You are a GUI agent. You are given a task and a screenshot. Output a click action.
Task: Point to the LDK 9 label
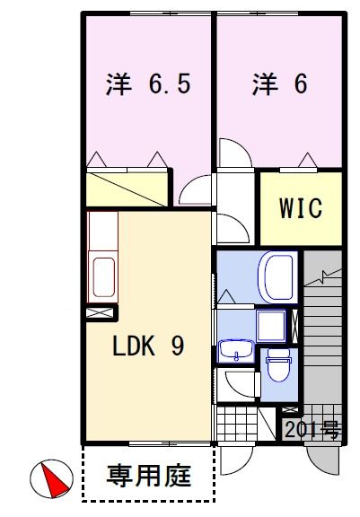coord(148,346)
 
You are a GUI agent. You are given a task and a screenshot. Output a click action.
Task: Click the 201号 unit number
coord(312,430)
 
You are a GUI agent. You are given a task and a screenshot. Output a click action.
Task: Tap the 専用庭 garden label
coord(148,475)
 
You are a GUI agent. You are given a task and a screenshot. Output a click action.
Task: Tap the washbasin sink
coord(236,351)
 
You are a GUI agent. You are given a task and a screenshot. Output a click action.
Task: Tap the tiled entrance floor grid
coord(237,421)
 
